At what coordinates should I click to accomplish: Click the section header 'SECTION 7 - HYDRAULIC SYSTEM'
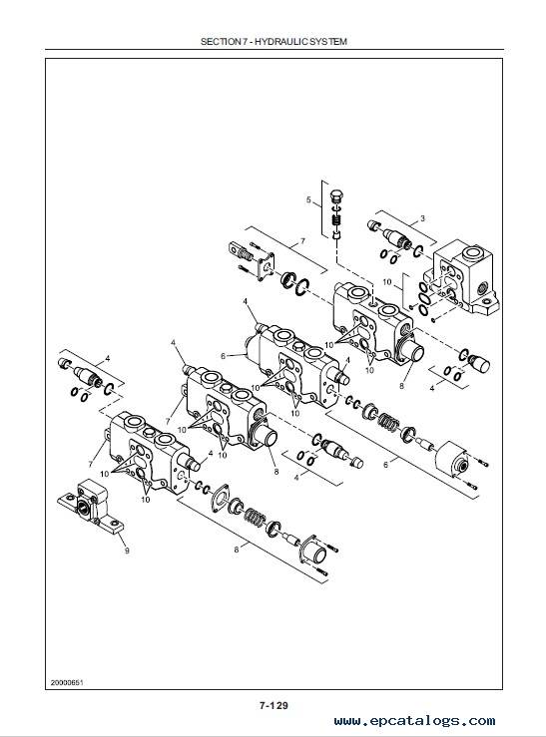273,41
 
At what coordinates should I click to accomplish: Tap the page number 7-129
273,705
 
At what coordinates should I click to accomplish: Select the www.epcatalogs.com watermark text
414,721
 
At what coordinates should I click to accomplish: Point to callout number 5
308,200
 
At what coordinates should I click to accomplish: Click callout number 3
422,218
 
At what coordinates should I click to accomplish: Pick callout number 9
127,551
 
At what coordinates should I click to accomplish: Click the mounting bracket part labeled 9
90,507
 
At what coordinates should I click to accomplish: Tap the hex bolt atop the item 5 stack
336,195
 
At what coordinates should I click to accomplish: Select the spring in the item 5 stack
336,219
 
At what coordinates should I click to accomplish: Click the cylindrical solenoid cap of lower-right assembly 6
451,459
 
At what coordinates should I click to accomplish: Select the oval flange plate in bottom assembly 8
220,497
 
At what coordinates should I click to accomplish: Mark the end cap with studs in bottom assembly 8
315,553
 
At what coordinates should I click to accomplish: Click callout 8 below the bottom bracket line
236,548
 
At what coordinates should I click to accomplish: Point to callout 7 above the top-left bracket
302,241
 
